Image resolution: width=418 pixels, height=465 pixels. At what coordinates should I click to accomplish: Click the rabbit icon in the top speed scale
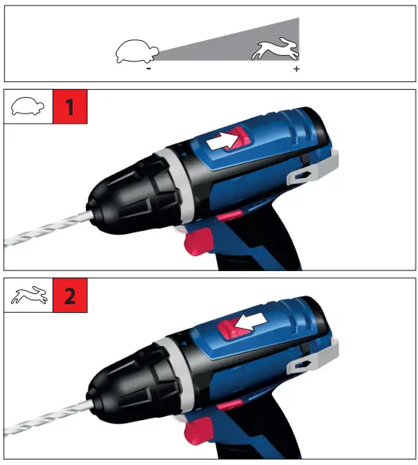276,51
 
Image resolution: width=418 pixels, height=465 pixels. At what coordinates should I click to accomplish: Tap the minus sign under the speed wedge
148,69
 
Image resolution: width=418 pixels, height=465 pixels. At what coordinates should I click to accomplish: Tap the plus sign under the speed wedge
297,69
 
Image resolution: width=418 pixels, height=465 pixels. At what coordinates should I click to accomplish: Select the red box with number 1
69,108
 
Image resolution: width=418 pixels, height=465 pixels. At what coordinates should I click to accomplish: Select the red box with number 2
69,297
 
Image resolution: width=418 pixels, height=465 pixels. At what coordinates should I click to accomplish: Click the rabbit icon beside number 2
28,297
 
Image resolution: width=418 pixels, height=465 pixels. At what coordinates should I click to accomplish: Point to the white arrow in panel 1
223,140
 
